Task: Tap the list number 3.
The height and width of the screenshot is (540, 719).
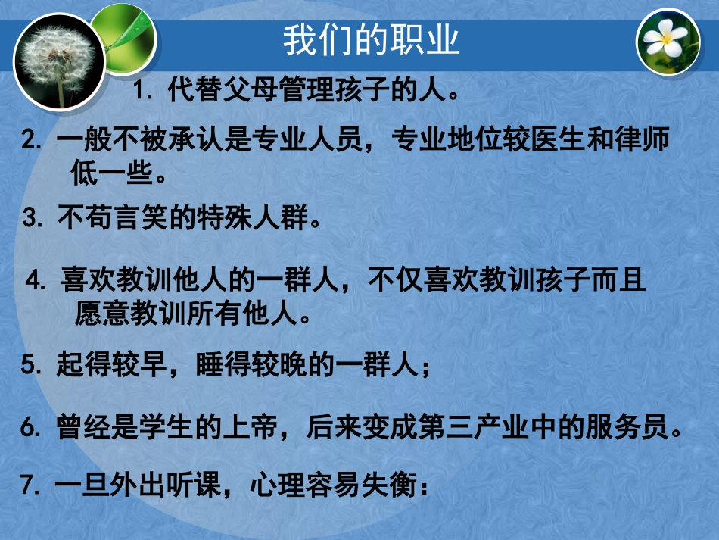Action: click(x=31, y=220)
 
